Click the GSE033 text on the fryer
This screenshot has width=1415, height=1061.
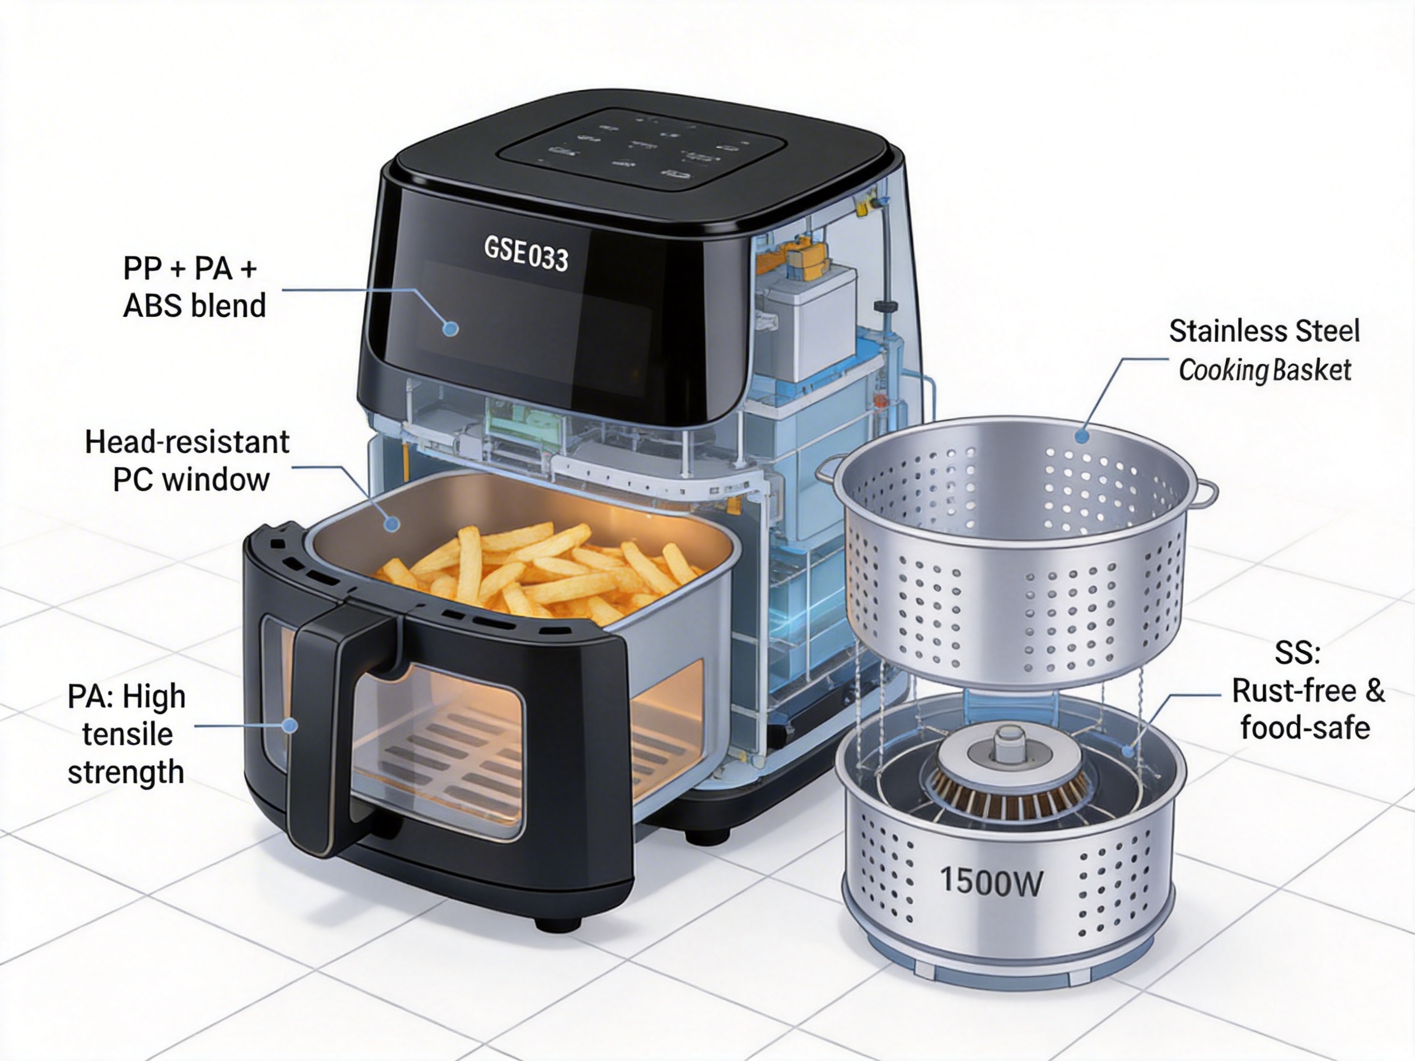coord(526,254)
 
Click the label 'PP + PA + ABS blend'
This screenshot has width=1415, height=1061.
coord(195,287)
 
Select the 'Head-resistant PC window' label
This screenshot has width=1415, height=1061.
coord(188,461)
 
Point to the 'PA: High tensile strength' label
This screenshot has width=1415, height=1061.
coord(127,734)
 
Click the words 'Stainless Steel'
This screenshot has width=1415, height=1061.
coord(1264,332)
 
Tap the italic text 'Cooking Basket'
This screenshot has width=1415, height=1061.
coord(1265,370)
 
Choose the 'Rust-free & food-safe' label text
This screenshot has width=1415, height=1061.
coord(1308,709)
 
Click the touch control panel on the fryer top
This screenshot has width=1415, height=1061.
coord(640,149)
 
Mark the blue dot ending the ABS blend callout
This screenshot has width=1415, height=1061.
coord(451,328)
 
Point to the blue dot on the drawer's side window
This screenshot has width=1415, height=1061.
coord(290,725)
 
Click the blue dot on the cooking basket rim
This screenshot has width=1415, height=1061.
coord(1082,437)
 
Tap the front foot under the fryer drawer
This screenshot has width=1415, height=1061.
coord(558,923)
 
